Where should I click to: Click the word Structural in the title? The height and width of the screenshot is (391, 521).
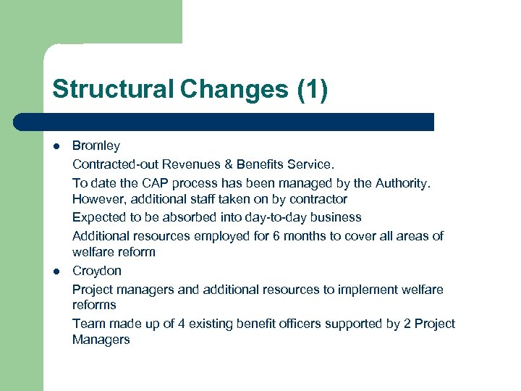[x=113, y=90]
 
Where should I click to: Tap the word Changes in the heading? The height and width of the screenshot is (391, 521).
[x=234, y=90]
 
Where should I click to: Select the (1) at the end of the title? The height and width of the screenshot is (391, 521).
[x=312, y=90]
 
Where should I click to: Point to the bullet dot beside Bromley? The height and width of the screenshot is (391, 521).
[x=56, y=146]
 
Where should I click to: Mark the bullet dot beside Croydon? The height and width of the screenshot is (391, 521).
[x=56, y=271]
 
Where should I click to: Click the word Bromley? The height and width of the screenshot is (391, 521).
[x=96, y=146]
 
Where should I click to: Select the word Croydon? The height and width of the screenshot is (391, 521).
[x=97, y=271]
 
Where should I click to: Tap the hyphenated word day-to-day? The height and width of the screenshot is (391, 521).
[x=277, y=217]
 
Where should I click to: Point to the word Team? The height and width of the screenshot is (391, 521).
[x=87, y=324]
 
